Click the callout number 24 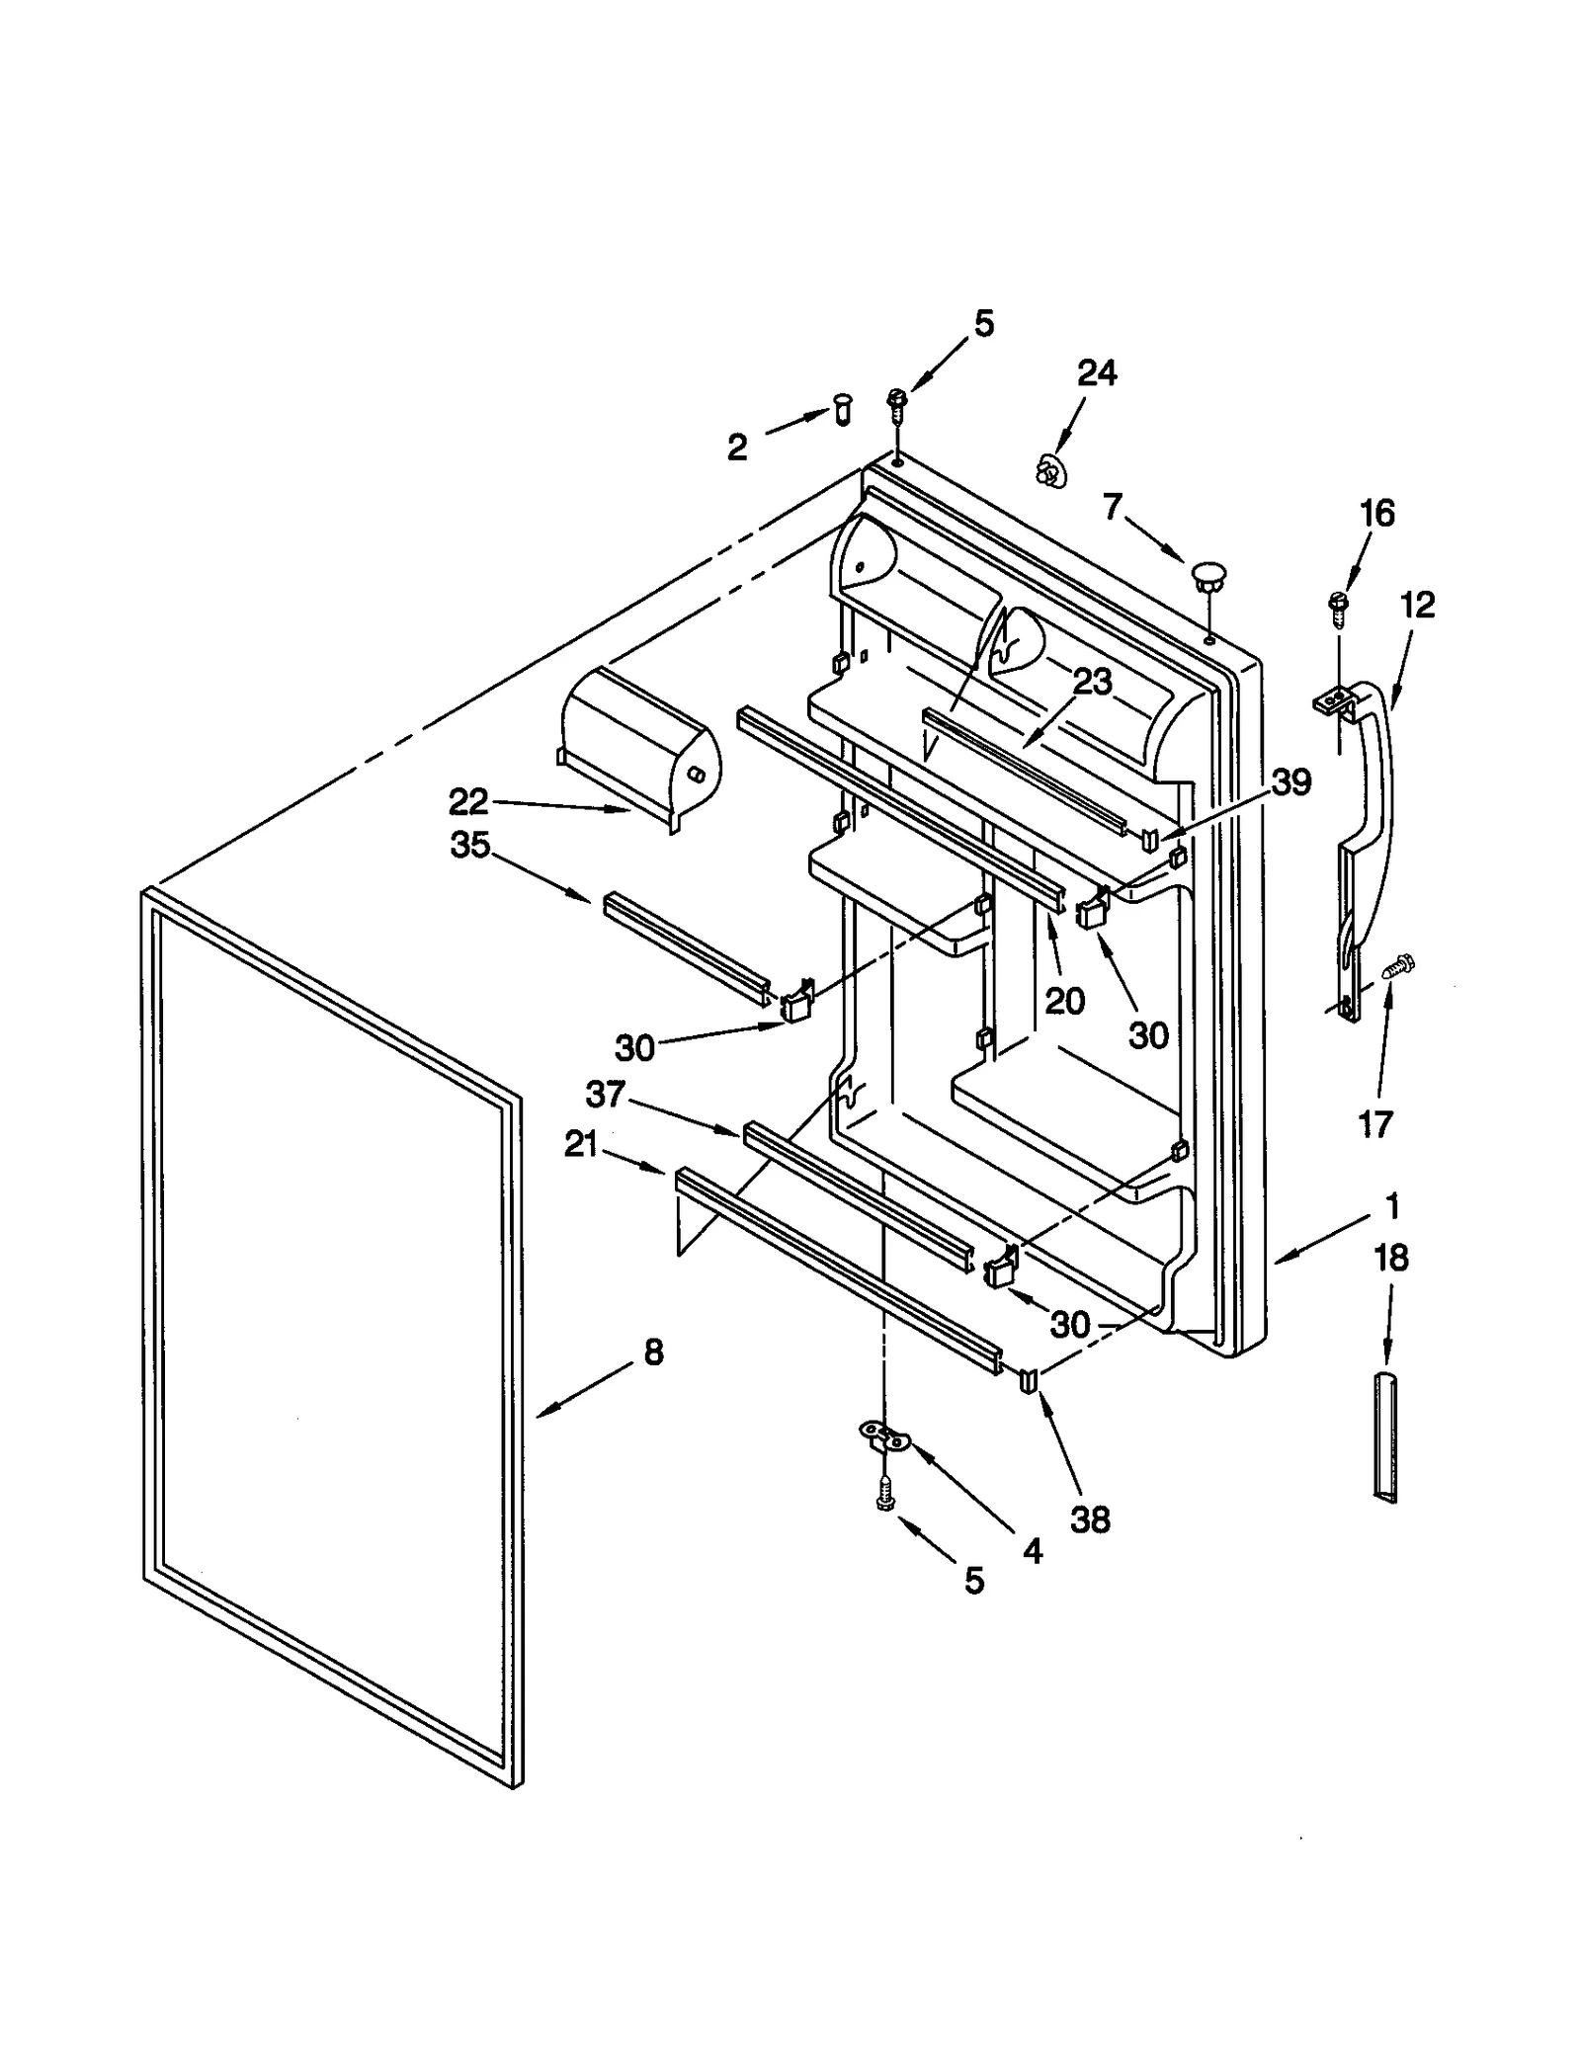1096,373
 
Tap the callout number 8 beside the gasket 653,1353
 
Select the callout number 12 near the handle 1417,605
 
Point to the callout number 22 468,802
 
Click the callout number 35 470,846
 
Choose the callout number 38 1090,1519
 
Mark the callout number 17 1375,1123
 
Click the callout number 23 1092,682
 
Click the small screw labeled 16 1340,606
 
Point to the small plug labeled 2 841,408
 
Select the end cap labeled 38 1028,1377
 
